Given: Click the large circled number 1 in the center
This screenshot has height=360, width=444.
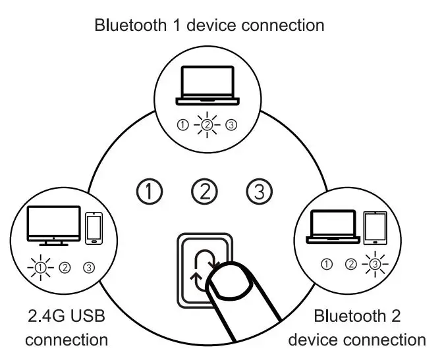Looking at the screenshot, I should click(150, 192).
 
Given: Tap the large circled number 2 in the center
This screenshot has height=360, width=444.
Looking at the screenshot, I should click(204, 192).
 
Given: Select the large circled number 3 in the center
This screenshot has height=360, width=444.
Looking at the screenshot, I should click(259, 192).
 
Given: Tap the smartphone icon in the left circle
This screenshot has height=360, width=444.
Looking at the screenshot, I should click(94, 227).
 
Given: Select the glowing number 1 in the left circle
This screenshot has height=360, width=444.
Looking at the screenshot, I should click(41, 267).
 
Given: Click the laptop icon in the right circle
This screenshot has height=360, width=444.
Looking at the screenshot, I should click(333, 228).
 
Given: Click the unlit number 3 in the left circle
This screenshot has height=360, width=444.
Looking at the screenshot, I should click(89, 267).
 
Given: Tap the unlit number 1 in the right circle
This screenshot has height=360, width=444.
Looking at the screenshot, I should click(326, 265).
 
